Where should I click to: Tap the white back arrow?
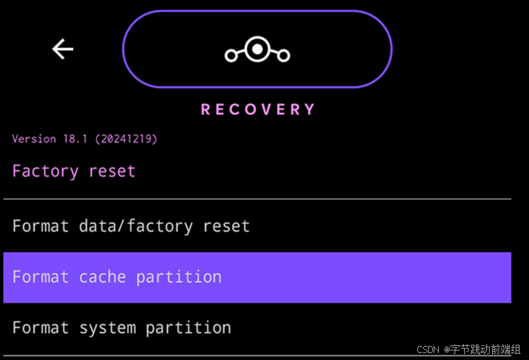pyautogui.click(x=63, y=49)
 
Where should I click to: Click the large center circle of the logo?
pyautogui.click(x=257, y=49)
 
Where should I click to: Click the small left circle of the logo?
pyautogui.click(x=231, y=56)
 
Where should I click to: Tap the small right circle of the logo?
pyautogui.click(x=283, y=56)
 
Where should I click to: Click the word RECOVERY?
pyautogui.click(x=258, y=110)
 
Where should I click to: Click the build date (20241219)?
pyautogui.click(x=126, y=138)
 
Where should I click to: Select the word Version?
pyautogui.click(x=34, y=138)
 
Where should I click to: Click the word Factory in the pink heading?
pyautogui.click(x=45, y=171)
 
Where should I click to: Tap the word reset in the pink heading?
pyautogui.click(x=112, y=171)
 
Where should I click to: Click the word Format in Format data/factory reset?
pyautogui.click(x=41, y=226)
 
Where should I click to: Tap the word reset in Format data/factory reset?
pyautogui.click(x=226, y=226)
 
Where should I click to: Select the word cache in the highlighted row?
pyautogui.click(x=102, y=277)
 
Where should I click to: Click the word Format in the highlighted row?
pyautogui.click(x=41, y=277)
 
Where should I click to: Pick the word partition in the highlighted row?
pyautogui.click(x=179, y=277)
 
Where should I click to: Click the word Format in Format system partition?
pyautogui.click(x=41, y=328)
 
